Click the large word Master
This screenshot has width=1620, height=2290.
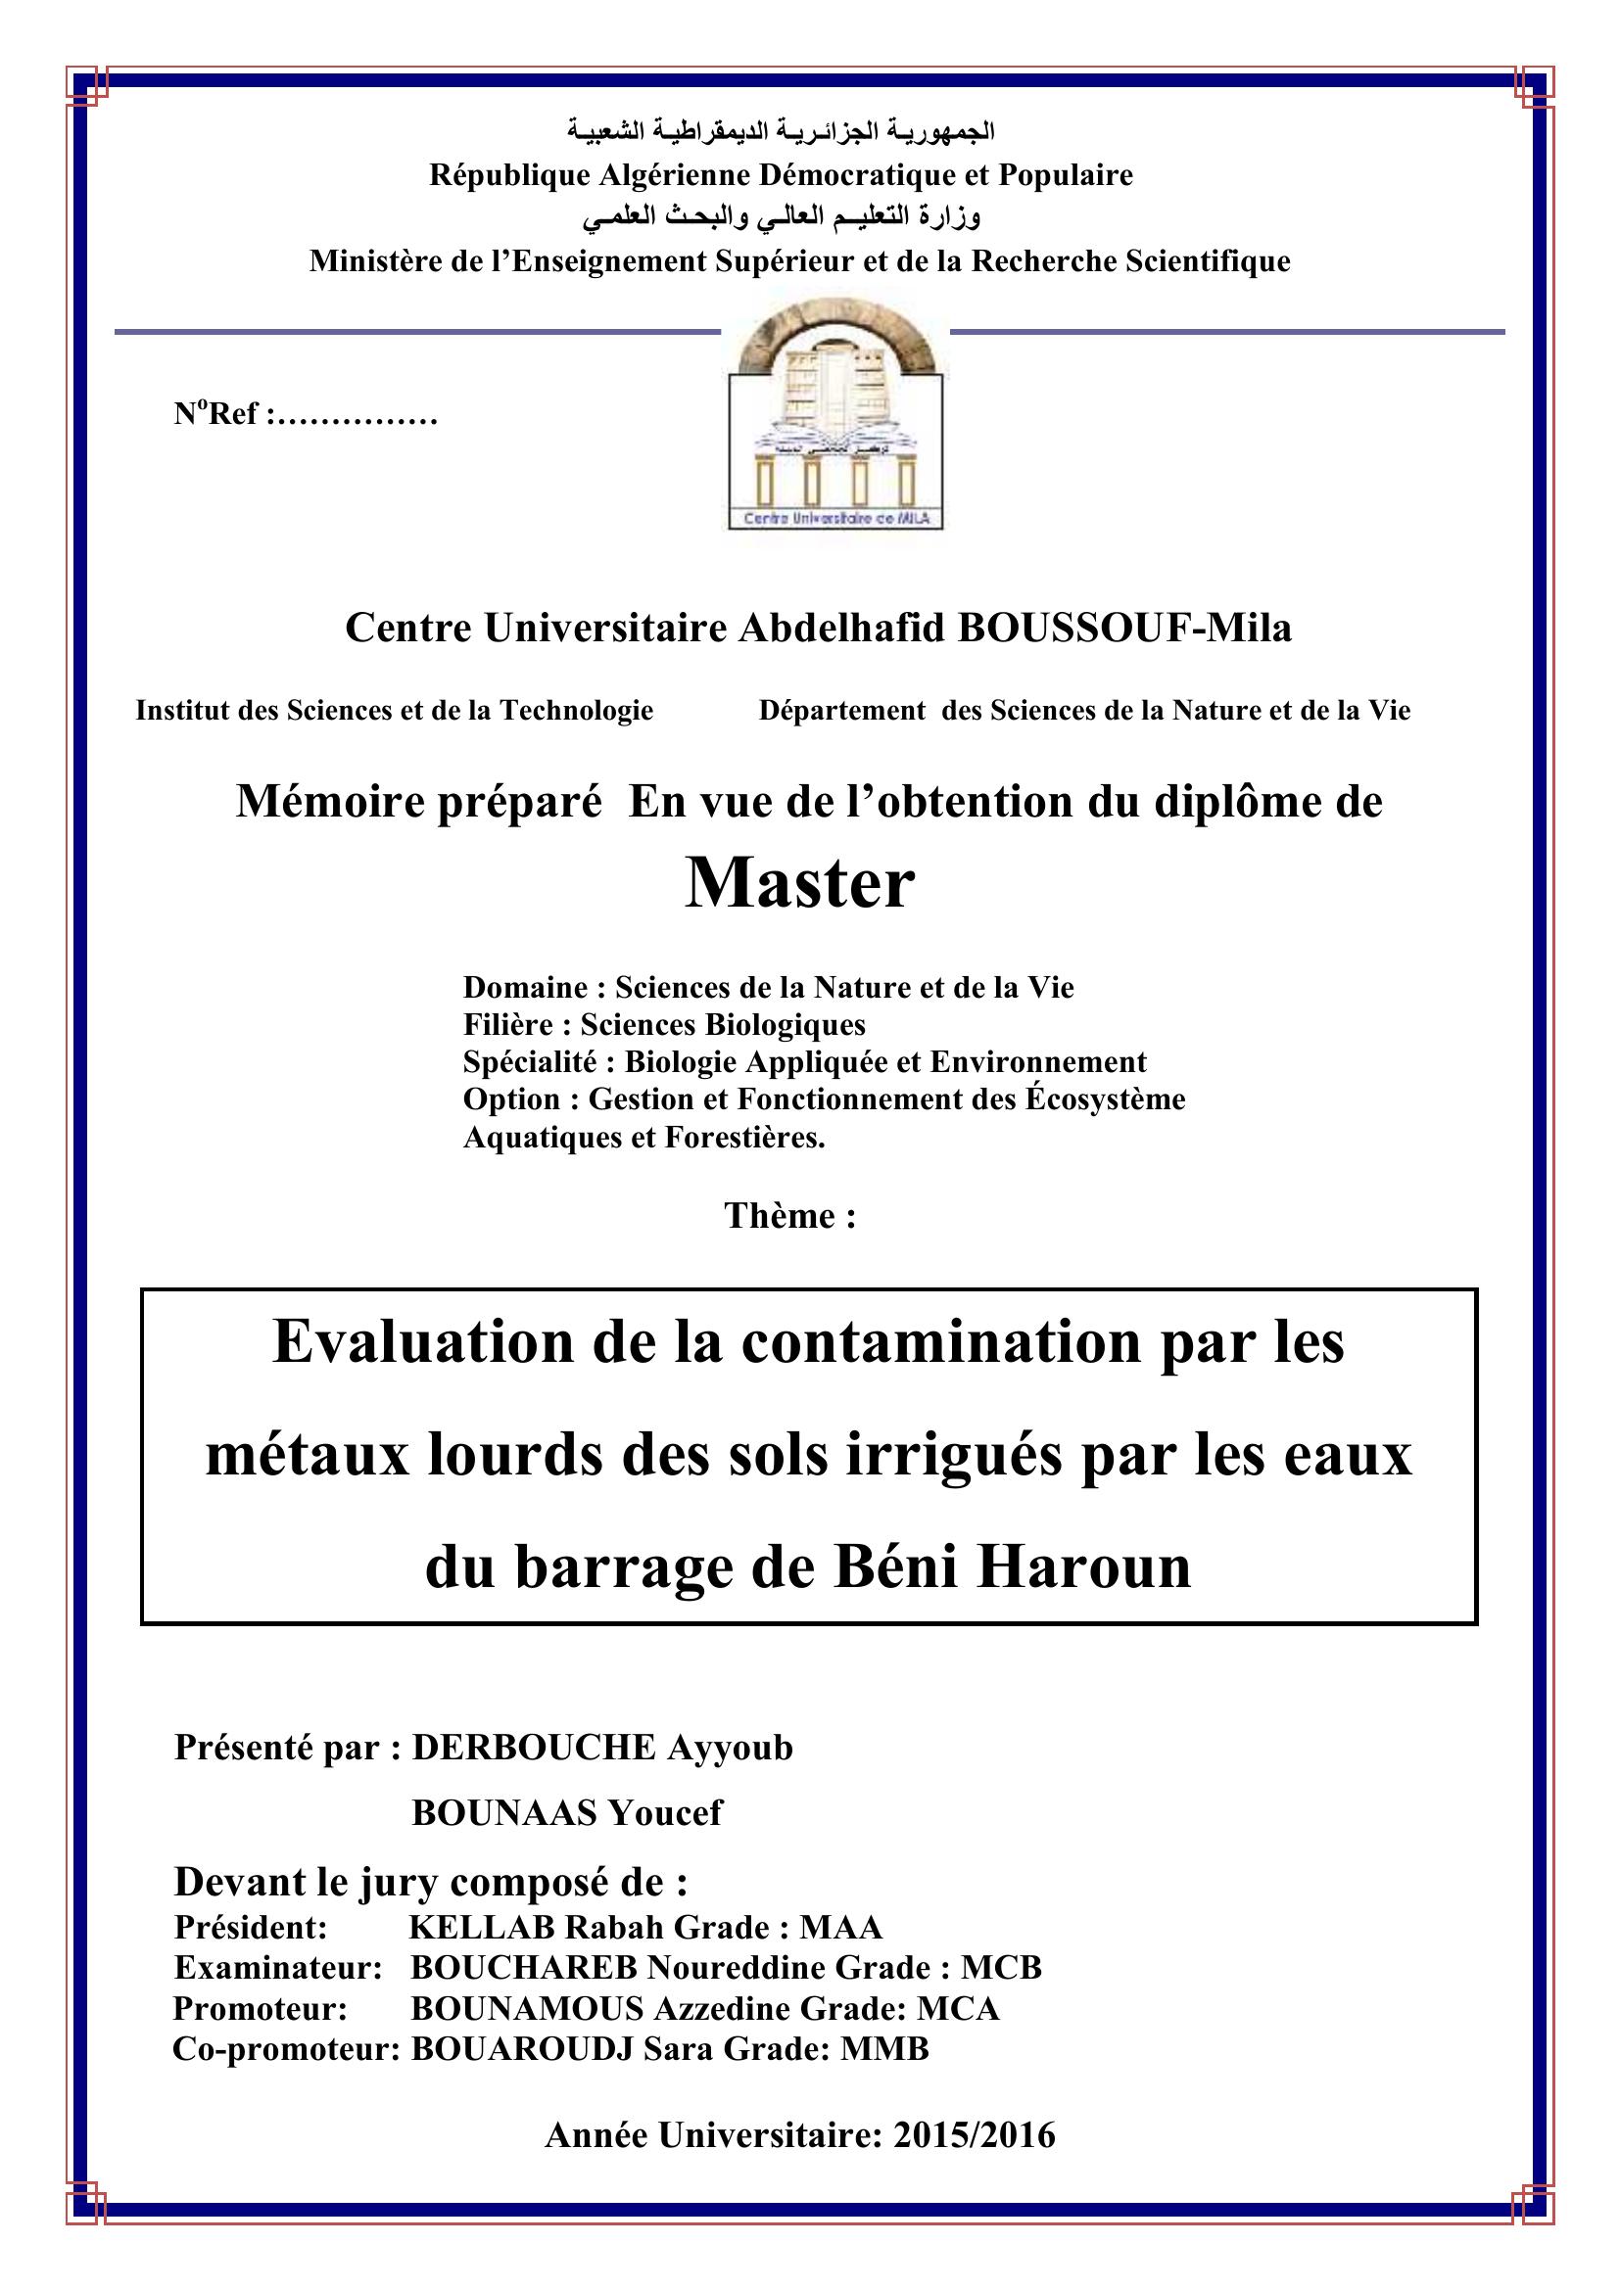tap(799, 884)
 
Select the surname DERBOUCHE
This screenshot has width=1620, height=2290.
tap(534, 1748)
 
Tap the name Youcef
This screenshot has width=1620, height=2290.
tap(665, 1811)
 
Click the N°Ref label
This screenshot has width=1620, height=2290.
tap(216, 414)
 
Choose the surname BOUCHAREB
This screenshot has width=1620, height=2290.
tap(524, 1968)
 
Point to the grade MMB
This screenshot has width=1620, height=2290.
tap(884, 2048)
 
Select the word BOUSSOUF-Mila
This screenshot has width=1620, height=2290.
tap(1124, 629)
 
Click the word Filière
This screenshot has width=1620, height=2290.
tap(506, 1025)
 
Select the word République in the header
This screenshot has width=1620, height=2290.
tap(507, 175)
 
